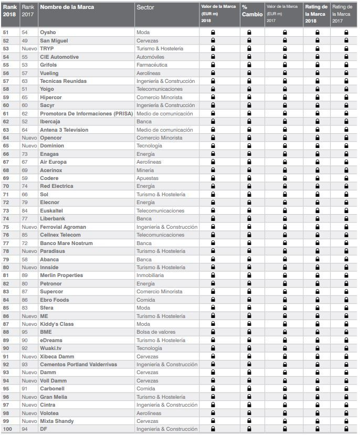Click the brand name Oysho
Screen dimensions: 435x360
(x=48, y=33)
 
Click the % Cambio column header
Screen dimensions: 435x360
(x=252, y=10)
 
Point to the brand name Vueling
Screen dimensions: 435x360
(x=49, y=73)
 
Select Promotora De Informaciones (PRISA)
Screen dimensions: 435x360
(x=83, y=113)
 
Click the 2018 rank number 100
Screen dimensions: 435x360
(x=7, y=429)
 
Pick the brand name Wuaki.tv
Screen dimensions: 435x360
(x=50, y=348)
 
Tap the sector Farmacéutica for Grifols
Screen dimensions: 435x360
(x=152, y=65)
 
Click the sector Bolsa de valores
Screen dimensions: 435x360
(x=155, y=332)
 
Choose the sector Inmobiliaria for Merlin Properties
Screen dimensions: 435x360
(x=150, y=275)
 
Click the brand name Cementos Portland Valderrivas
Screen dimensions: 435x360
(x=78, y=364)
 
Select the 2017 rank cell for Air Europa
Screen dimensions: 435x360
(x=25, y=162)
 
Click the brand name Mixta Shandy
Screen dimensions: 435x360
(x=56, y=421)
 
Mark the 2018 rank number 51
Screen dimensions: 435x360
(x=6, y=33)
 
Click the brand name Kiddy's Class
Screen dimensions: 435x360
(x=56, y=324)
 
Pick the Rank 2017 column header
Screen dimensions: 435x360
(x=28, y=10)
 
